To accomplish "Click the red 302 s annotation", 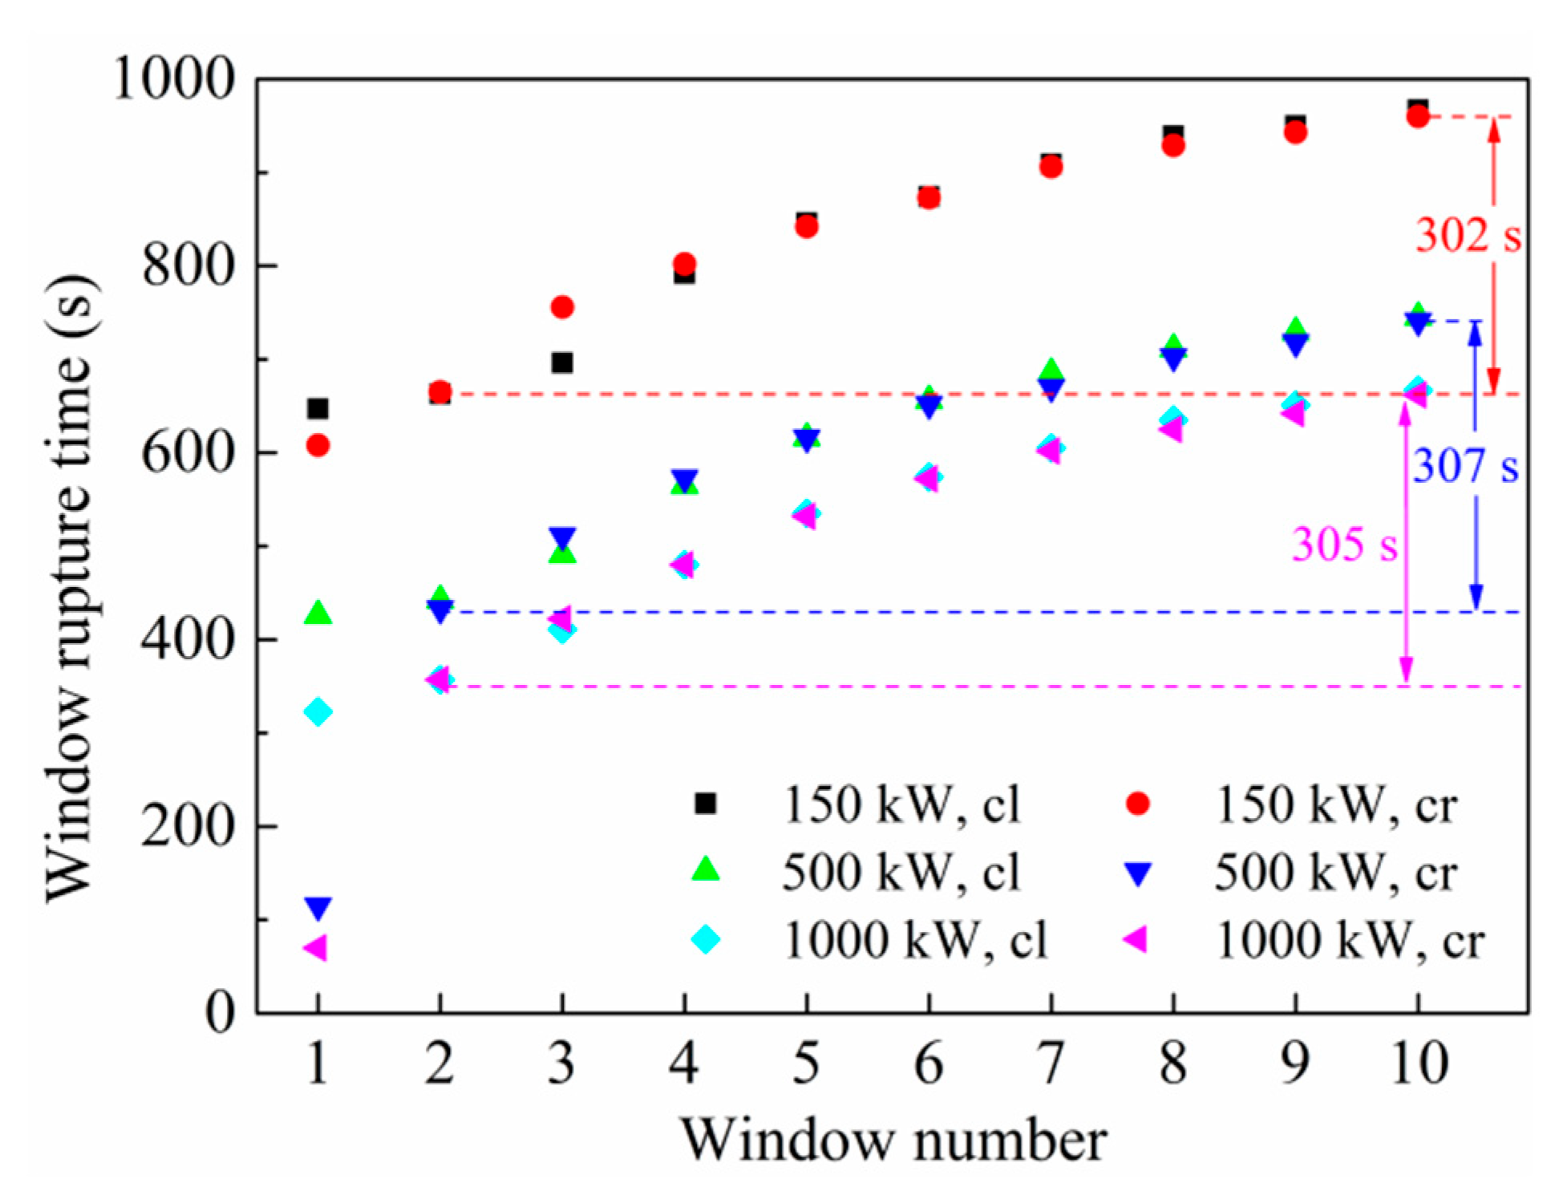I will pyautogui.click(x=1467, y=237).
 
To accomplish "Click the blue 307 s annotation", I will pyautogui.click(x=1464, y=467).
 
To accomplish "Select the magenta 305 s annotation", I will pyautogui.click(x=1343, y=545).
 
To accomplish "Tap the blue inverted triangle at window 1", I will pyautogui.click(x=318, y=908).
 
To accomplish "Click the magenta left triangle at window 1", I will pyautogui.click(x=315, y=948).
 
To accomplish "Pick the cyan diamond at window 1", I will pyautogui.click(x=318, y=711).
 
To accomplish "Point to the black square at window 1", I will pyautogui.click(x=318, y=409).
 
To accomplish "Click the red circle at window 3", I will pyautogui.click(x=562, y=307).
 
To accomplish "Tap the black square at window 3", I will pyautogui.click(x=562, y=363).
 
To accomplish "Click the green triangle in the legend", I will pyautogui.click(x=705, y=870).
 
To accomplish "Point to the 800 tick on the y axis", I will pyautogui.click(x=188, y=265).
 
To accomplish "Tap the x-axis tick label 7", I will pyautogui.click(x=1051, y=1063).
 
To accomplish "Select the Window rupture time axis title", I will pyautogui.click(x=71, y=589).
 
